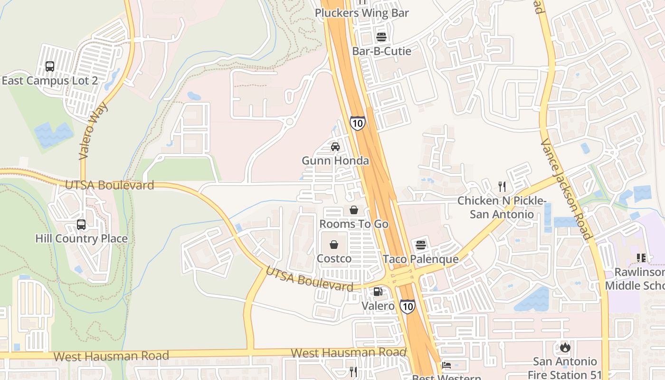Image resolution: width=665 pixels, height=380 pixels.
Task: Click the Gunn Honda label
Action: [335, 161]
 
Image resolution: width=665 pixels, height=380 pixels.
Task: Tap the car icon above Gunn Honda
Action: [335, 146]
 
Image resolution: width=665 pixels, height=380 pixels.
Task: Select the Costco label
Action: [334, 258]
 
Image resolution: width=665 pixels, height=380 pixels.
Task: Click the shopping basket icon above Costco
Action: [334, 245]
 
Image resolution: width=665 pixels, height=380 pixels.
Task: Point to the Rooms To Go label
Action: [354, 224]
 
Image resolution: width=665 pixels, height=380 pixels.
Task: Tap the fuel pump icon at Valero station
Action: [378, 292]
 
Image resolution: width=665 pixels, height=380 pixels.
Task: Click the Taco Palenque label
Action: [421, 259]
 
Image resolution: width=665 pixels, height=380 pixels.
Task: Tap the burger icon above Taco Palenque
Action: [421, 245]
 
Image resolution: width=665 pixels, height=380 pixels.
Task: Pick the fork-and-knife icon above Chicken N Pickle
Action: [502, 186]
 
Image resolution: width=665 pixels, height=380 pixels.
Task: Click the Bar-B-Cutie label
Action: [382, 51]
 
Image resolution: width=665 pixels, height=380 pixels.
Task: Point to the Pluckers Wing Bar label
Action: [362, 13]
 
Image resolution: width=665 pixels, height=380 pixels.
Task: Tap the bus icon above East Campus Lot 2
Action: [50, 66]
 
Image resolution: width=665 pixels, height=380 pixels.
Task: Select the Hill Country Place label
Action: [82, 238]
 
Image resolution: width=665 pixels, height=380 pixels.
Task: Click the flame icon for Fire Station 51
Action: [565, 347]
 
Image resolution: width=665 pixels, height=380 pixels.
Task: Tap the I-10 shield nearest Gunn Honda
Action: [358, 123]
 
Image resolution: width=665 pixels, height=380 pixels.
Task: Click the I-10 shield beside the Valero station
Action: [407, 306]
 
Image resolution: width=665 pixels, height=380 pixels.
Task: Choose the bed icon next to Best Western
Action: [446, 365]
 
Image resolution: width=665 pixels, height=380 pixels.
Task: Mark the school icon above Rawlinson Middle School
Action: [641, 258]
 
